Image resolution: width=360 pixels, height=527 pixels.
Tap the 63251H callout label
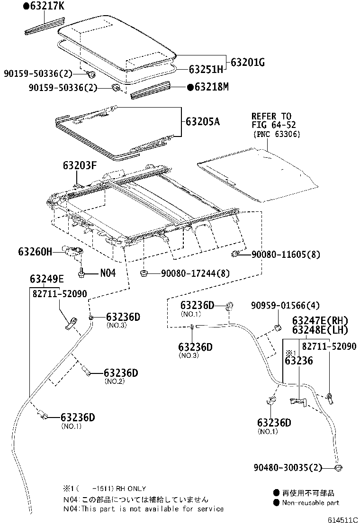[x=206, y=69]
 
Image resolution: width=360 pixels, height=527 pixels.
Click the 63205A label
[x=203, y=121]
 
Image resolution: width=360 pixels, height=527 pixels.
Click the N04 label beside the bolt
[x=108, y=273]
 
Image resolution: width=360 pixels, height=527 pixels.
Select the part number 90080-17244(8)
[x=195, y=273]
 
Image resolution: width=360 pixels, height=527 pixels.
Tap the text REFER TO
[x=271, y=116]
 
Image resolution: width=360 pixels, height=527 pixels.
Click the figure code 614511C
[x=342, y=520]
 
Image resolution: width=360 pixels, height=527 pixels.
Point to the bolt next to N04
[x=81, y=273]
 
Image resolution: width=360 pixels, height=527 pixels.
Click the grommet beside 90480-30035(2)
[x=338, y=468]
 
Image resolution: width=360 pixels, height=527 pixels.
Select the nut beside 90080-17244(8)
[x=144, y=273]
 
